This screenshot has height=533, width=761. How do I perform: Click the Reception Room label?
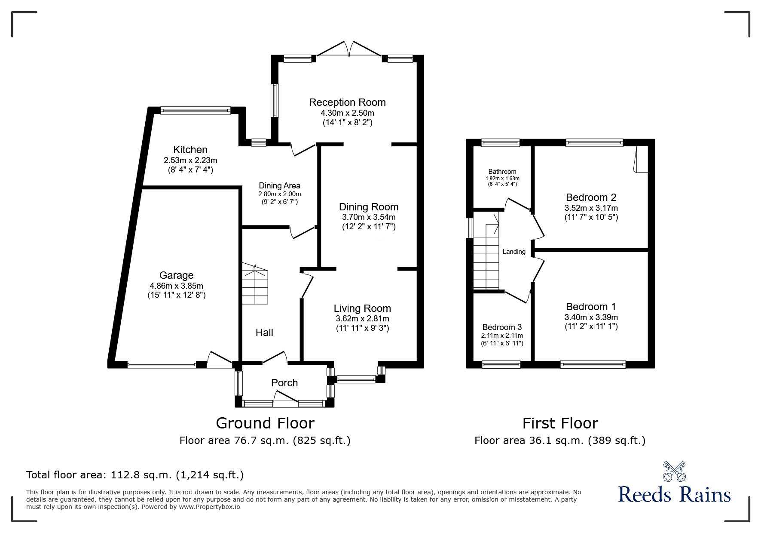tap(347, 102)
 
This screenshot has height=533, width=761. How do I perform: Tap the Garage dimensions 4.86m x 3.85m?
tap(176, 286)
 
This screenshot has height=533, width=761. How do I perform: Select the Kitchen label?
tap(190, 150)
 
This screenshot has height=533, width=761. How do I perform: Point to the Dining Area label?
tap(279, 186)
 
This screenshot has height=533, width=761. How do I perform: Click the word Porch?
tap(284, 383)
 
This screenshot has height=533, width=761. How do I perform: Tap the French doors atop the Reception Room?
tap(348, 49)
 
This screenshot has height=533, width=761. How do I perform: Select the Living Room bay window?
tap(356, 379)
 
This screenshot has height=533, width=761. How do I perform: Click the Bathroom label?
tap(502, 172)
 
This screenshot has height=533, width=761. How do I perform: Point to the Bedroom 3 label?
tap(502, 327)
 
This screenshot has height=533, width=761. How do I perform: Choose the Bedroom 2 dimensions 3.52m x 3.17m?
tap(591, 208)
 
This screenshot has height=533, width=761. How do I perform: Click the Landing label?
tap(514, 252)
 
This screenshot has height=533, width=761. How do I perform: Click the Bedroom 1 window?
tap(593, 365)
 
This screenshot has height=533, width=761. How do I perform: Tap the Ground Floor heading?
tap(265, 423)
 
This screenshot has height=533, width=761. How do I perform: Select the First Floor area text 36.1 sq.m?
tap(559, 441)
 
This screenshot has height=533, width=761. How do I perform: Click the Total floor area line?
tap(135, 475)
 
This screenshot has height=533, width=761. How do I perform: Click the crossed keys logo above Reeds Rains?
tap(674, 471)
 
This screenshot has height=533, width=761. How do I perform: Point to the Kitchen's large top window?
tap(196, 111)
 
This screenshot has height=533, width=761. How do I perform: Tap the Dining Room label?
tap(369, 207)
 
